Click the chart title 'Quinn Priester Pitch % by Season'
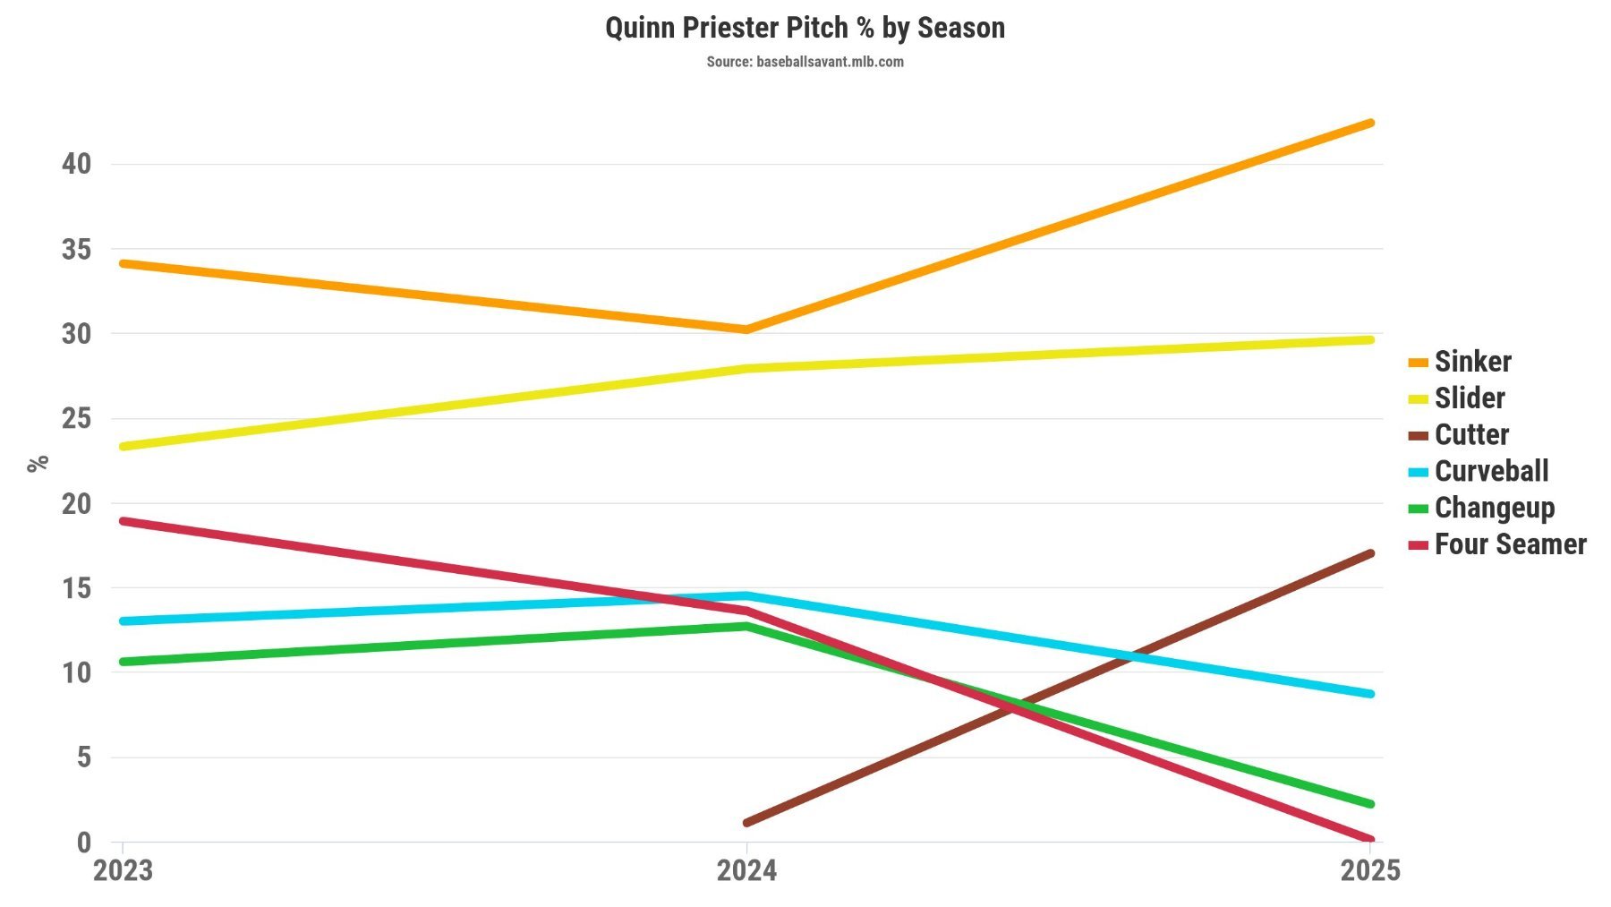click(x=805, y=28)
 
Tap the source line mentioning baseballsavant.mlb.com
click(x=805, y=62)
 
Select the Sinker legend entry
click(x=1472, y=362)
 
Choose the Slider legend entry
click(x=1469, y=398)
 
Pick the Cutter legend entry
click(x=1471, y=435)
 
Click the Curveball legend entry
click(x=1491, y=471)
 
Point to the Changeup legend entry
click(x=1494, y=508)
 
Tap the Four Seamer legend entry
click(x=1510, y=544)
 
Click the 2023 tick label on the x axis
click(x=123, y=870)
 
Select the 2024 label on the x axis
click(x=746, y=870)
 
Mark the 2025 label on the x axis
click(x=1369, y=870)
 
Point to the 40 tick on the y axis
click(x=76, y=164)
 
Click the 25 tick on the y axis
click(x=76, y=418)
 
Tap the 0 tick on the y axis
click(x=84, y=842)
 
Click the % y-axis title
click(x=38, y=463)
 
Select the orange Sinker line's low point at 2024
click(x=746, y=329)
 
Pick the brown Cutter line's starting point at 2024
click(x=746, y=822)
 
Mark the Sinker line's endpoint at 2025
click(x=1370, y=123)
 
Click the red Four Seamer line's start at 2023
click(x=124, y=520)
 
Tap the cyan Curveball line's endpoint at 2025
click(x=1370, y=694)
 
